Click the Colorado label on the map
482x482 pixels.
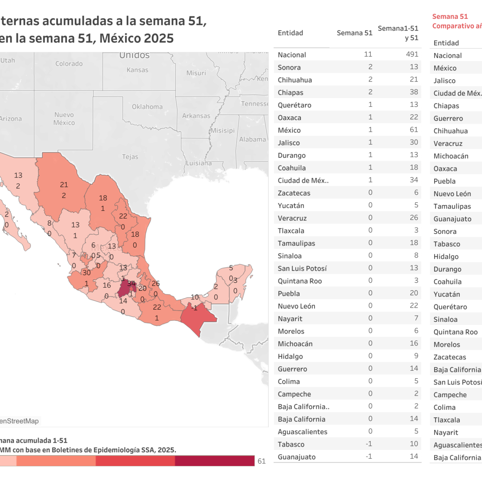tap(69, 63)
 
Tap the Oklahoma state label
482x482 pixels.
tap(147, 107)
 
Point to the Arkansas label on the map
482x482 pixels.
tap(196, 116)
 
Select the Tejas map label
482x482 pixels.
tap(130, 157)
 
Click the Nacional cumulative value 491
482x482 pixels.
tap(412, 54)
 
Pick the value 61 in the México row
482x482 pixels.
tap(414, 130)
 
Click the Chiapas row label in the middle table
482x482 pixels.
tap(290, 92)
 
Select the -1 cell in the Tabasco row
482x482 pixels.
tap(369, 444)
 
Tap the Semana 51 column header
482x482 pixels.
tap(354, 33)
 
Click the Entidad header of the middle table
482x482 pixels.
tap(290, 33)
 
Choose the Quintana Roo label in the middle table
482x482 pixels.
tap(300, 281)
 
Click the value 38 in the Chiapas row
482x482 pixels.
tap(414, 92)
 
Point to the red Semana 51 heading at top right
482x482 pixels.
tap(450, 16)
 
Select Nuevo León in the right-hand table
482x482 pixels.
tap(452, 194)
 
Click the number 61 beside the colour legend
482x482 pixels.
tap(261, 461)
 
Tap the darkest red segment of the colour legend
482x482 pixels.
tap(215, 461)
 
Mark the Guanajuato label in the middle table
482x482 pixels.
tap(296, 457)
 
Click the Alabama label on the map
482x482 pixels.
tap(252, 139)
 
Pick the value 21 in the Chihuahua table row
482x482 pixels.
tap(414, 80)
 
